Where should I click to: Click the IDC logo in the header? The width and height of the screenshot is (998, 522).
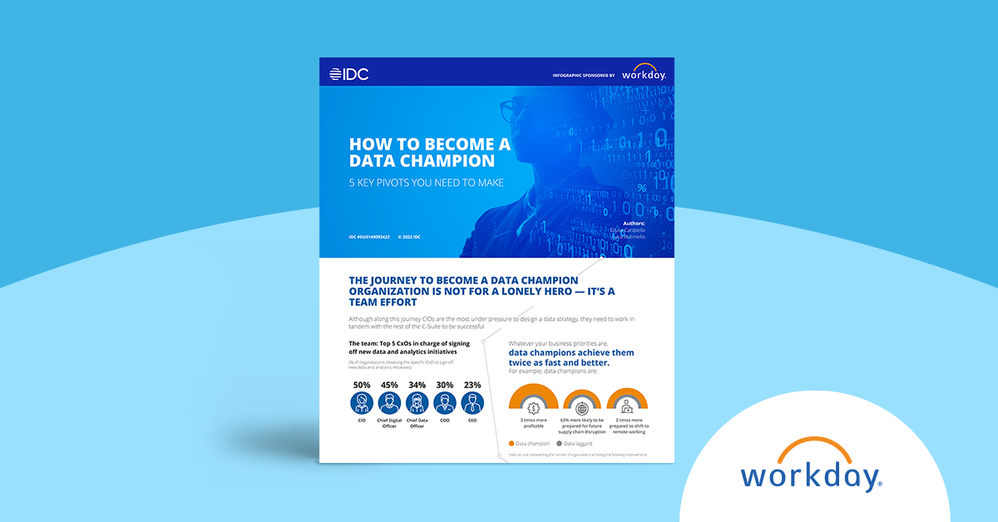[x=348, y=74]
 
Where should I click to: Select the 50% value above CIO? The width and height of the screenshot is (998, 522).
[x=362, y=385]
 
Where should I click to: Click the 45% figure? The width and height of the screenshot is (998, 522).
[x=389, y=385]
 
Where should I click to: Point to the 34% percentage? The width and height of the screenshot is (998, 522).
[x=417, y=385]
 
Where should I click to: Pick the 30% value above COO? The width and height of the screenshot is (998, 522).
[x=445, y=385]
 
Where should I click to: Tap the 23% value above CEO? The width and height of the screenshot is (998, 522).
[x=472, y=385]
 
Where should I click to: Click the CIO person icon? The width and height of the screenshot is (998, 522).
[x=362, y=404]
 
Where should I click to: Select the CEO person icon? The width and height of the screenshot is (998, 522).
[x=472, y=404]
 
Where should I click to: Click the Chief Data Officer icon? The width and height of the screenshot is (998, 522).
[x=417, y=404]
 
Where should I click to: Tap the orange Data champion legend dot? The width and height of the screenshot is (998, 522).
[x=511, y=444]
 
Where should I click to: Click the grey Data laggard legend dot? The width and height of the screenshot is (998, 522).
[x=559, y=444]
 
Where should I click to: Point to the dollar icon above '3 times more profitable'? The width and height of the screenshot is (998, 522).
[x=534, y=407]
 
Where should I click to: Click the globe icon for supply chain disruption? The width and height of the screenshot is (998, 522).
[x=582, y=408]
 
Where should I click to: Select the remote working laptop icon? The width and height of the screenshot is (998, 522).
[x=626, y=408]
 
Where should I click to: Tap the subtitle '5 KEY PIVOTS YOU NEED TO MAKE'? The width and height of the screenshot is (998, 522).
[x=426, y=182]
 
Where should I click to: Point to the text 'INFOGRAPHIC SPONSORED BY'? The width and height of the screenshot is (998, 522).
[x=583, y=75]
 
